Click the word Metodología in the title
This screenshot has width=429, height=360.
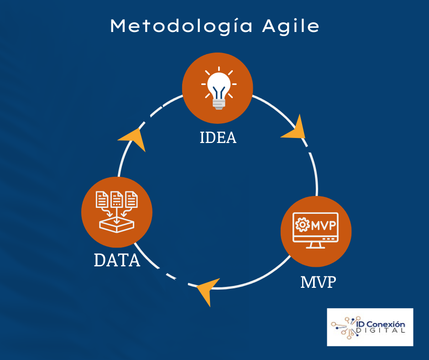(181, 27)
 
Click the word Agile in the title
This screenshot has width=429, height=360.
(291, 27)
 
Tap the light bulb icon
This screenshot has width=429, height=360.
(219, 88)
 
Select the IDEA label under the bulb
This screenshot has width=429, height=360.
(218, 138)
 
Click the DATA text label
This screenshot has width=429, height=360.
(117, 260)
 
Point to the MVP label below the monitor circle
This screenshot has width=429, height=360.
(318, 282)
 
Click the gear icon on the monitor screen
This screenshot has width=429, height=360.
(302, 225)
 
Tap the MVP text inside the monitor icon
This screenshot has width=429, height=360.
(324, 225)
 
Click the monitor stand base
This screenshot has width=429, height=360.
(315, 247)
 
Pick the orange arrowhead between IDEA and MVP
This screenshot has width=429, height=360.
(295, 129)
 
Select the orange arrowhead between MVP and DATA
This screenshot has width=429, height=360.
(207, 291)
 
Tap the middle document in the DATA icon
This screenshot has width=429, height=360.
(116, 199)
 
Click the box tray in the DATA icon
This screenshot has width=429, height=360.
(116, 225)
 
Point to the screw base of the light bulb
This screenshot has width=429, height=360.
(219, 104)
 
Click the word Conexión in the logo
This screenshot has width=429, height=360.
(386, 324)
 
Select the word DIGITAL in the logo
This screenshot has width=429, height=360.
(380, 330)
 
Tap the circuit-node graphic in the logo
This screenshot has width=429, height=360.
(344, 328)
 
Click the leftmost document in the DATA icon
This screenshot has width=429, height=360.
(102, 199)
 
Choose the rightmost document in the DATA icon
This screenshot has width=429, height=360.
(131, 199)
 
